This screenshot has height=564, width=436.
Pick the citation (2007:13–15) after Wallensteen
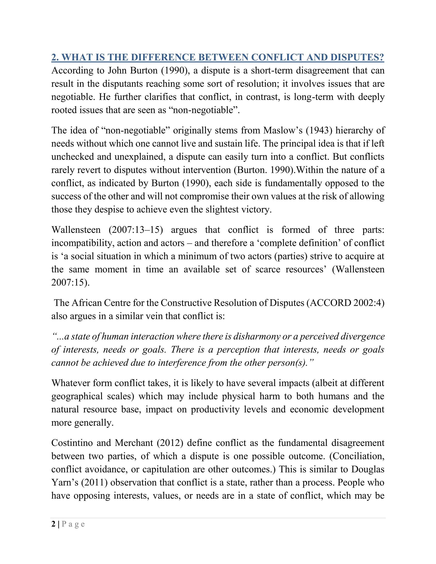pos(136,230)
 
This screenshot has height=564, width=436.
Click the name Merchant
pos(134,443)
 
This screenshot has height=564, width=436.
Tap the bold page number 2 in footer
pos(53,524)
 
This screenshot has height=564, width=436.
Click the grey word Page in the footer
pos(73,524)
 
